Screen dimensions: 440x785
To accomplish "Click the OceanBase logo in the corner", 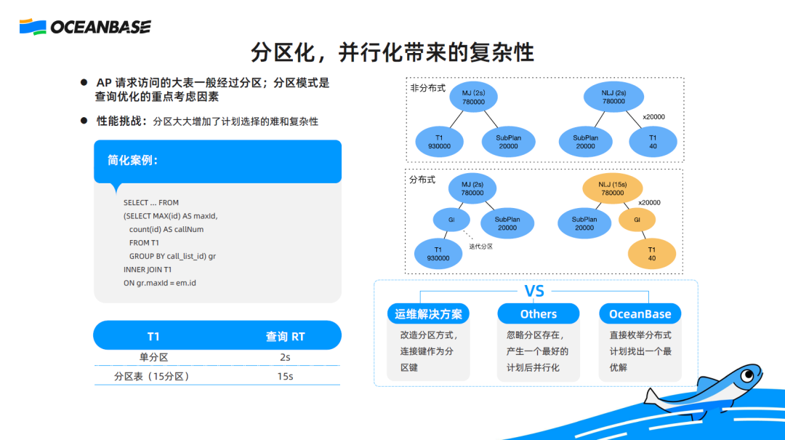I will coord(85,28).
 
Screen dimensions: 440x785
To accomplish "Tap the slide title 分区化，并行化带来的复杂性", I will coord(392,52).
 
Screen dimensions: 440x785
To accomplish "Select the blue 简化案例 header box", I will coord(217,161).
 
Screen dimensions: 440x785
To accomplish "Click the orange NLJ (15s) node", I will coord(612,189).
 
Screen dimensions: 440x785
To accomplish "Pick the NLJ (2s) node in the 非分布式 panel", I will coord(613,97).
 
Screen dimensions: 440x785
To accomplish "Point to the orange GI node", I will coord(637,219).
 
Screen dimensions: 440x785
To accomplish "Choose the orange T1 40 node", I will coord(651,254).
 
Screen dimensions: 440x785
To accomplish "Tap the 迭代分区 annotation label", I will coord(480,247).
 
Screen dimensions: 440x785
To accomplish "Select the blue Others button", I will coord(538,314).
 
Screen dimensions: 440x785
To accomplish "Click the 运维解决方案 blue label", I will coord(428,314).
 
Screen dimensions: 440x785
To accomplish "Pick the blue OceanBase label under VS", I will coord(640,314).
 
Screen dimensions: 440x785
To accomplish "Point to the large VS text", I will coord(534,292).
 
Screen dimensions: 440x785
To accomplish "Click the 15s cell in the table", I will coord(284,377).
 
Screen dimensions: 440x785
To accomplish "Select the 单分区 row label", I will coord(153,357).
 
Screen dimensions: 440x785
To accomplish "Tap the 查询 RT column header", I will coord(285,336).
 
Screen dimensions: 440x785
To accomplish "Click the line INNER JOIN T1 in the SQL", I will coord(148,269).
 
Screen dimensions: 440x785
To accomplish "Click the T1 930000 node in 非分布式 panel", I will coord(439,142).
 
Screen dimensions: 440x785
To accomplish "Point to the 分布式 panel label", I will coord(422,179).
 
